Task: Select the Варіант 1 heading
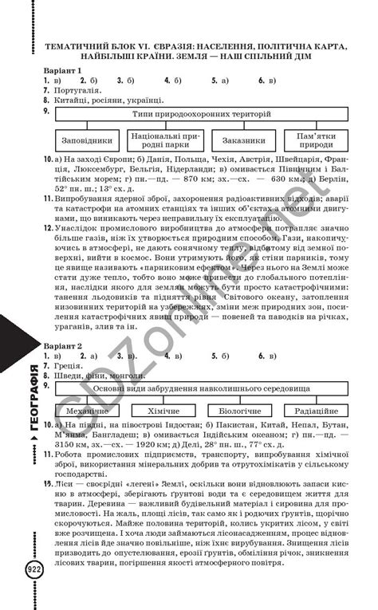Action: tap(64, 71)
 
